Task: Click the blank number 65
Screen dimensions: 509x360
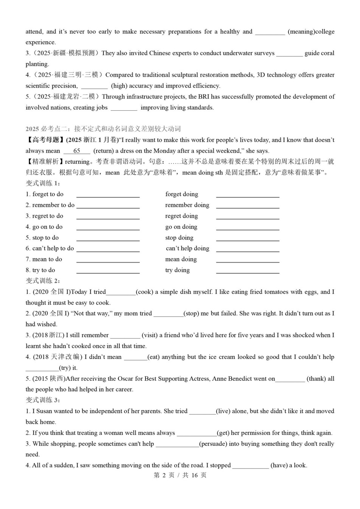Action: point(77,151)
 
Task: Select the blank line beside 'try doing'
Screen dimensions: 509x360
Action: point(248,271)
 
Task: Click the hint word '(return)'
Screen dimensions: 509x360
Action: point(103,151)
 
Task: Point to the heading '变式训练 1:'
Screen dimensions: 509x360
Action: point(43,183)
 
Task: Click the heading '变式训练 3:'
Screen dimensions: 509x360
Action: point(43,400)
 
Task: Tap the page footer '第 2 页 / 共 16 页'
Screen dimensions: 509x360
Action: point(180,475)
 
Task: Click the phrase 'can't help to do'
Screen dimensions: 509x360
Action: point(50,249)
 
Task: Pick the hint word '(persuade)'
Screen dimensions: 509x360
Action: point(213,444)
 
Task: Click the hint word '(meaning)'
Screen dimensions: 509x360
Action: point(301,32)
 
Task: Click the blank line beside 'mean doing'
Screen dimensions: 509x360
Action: point(248,260)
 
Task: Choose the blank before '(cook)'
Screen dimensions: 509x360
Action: point(121,292)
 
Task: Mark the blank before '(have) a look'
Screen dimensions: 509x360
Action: point(250,466)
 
